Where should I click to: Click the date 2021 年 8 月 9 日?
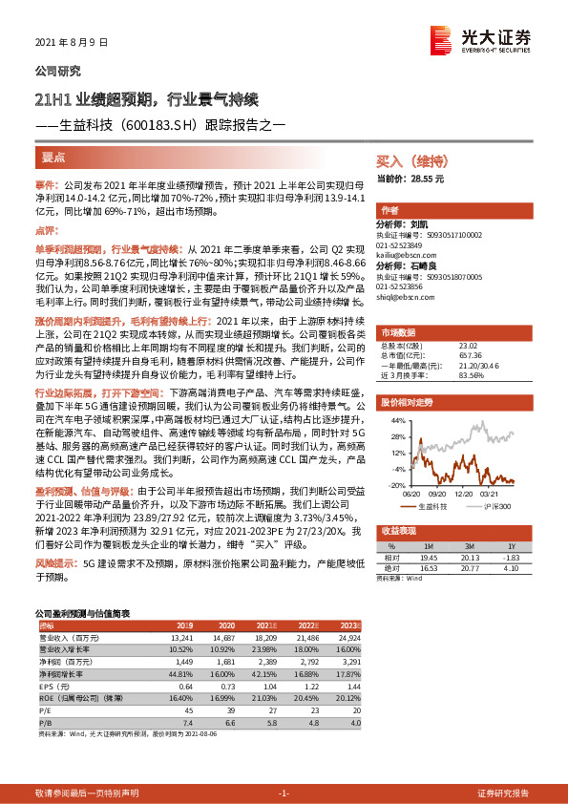click(72, 43)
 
